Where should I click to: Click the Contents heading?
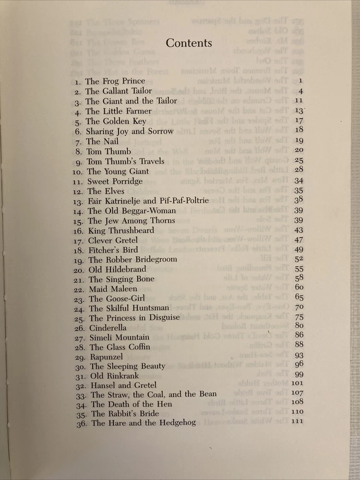189,43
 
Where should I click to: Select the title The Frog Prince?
115,82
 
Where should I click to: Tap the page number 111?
298,421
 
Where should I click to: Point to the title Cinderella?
108,328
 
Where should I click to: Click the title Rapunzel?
107,357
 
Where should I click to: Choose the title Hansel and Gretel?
123,385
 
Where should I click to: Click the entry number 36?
83,423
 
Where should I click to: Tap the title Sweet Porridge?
115,181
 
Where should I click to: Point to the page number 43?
299,230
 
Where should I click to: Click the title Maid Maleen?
113,289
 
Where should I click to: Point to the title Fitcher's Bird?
113,250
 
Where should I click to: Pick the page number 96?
299,364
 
